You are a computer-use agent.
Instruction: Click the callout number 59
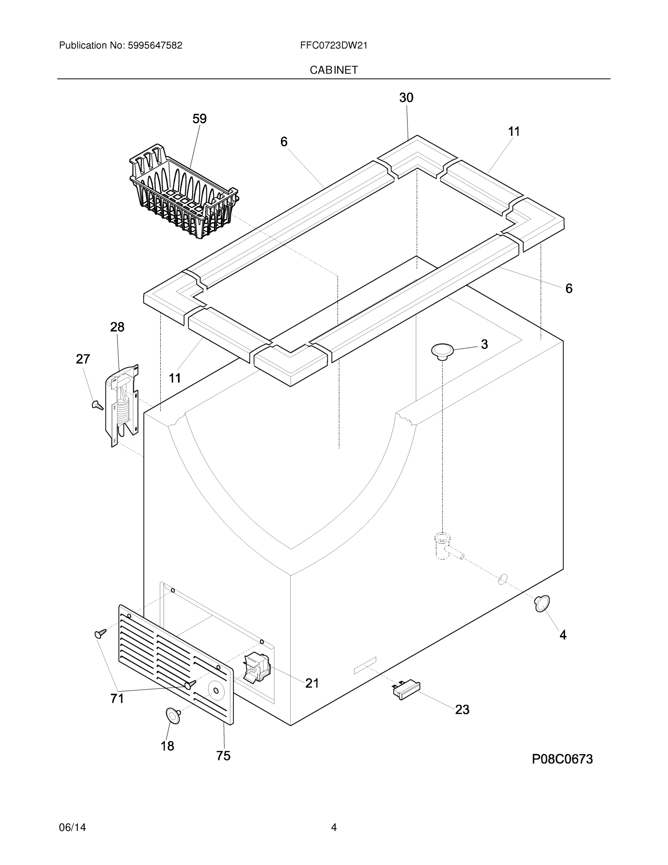click(199, 119)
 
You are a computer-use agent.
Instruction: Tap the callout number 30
click(406, 98)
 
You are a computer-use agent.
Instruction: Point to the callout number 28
click(117, 327)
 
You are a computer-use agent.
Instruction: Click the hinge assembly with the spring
click(122, 404)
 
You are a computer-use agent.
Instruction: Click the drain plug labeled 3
click(443, 351)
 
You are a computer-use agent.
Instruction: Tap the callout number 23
click(462, 709)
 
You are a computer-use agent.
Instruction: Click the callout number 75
click(223, 756)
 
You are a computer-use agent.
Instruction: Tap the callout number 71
click(117, 698)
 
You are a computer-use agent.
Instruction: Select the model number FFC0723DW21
click(333, 45)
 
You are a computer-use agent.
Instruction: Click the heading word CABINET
click(333, 70)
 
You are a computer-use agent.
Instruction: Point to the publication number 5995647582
click(155, 45)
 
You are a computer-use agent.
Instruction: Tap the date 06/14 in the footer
click(72, 828)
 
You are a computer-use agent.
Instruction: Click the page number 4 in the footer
click(333, 828)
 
